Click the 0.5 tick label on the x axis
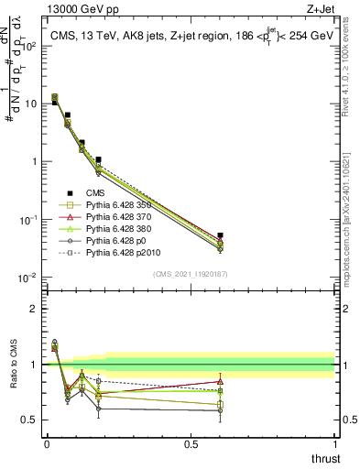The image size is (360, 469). click(191, 443)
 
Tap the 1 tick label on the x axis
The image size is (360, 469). click(334, 443)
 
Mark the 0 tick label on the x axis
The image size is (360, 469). click(47, 443)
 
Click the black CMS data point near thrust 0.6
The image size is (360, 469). click(220, 235)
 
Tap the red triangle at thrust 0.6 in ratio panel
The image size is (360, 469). click(220, 381)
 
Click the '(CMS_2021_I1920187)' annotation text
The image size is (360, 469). click(190, 274)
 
